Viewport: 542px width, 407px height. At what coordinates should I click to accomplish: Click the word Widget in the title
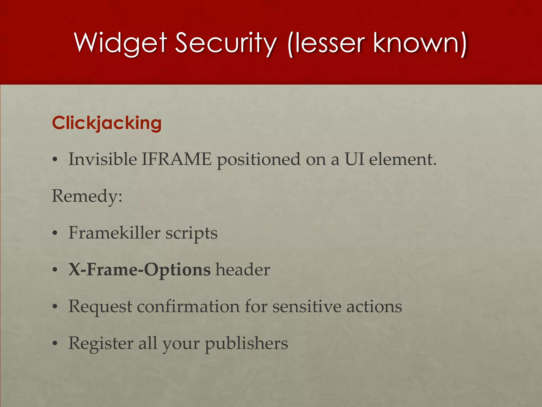pos(121,43)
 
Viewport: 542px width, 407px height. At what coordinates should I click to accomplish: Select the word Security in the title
pos(225,43)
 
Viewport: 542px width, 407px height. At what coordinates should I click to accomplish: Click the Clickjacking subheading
pos(107,123)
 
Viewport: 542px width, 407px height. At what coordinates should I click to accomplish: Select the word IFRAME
pos(177,159)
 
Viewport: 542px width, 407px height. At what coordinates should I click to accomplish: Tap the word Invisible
pos(103,159)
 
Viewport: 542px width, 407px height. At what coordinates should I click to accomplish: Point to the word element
pos(402,159)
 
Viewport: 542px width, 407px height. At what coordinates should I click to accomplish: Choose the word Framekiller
pos(114,233)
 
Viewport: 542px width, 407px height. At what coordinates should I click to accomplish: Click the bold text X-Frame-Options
pos(139,270)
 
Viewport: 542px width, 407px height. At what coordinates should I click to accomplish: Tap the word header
pos(243,270)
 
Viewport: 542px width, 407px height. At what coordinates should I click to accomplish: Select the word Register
pos(101,343)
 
